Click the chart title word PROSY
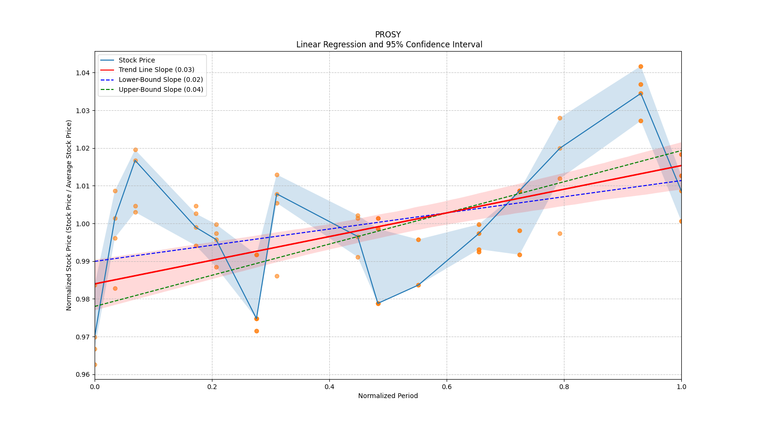click(x=387, y=35)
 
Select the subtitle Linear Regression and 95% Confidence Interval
click(x=389, y=44)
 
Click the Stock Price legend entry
click(x=137, y=60)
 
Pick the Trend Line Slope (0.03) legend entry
click(x=156, y=70)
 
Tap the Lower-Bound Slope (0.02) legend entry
click(x=160, y=80)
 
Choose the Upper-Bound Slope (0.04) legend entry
click(x=160, y=89)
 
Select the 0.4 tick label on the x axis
click(x=329, y=387)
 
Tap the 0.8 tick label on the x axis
click(x=564, y=387)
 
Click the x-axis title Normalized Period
click(x=388, y=396)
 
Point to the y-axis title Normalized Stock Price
click(x=69, y=215)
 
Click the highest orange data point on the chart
click(x=641, y=66)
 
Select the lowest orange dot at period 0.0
click(x=95, y=364)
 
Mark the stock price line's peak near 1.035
click(x=641, y=93)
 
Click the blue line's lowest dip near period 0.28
click(x=256, y=319)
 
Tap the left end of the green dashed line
click(x=95, y=306)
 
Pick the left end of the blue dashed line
click(x=95, y=261)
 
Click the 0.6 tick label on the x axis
click(x=447, y=387)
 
